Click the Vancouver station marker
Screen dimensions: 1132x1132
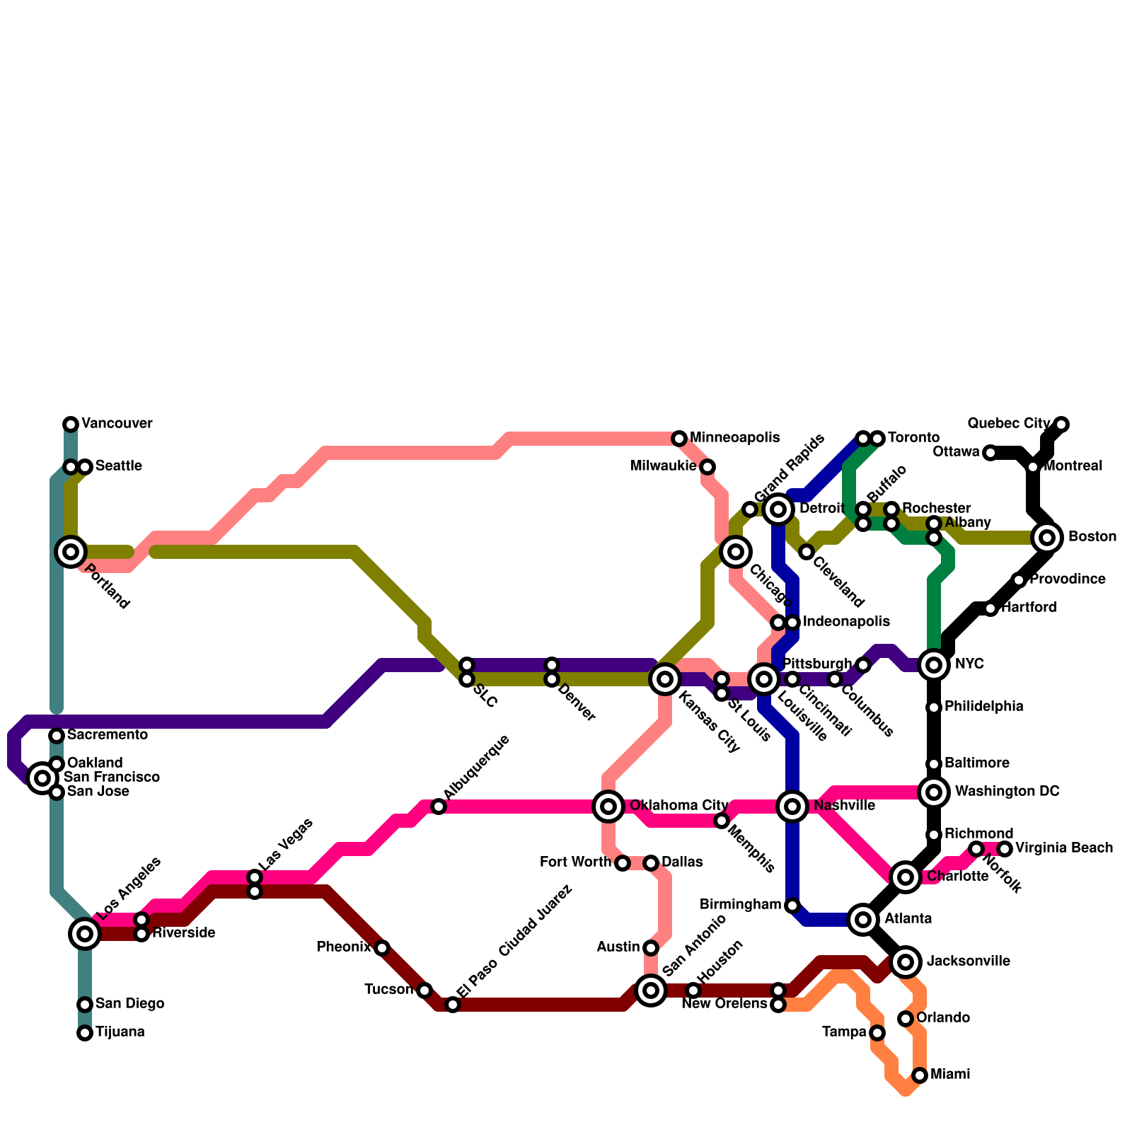coord(71,424)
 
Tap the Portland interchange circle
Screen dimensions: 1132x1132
coord(71,552)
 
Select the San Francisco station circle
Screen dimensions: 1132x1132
coord(42,778)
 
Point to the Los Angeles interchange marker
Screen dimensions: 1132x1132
coord(85,934)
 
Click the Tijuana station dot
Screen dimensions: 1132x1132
coord(85,1033)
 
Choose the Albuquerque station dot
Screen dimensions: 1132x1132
coord(439,807)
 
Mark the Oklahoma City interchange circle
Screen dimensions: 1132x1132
coord(608,807)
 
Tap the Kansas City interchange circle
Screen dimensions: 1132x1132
coord(665,679)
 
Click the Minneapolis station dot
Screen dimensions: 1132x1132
coord(679,439)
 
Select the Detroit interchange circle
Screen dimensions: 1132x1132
coord(778,509)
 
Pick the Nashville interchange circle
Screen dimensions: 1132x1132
coord(792,807)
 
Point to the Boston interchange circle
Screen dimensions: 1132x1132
coord(1047,538)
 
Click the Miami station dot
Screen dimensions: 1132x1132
coord(920,1075)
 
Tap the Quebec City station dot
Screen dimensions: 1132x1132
coord(1061,424)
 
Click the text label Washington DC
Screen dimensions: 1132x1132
coord(1007,792)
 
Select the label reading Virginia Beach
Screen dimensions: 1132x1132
coord(1064,848)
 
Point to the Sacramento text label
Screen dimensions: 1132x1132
coord(108,735)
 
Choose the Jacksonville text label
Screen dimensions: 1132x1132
coord(968,961)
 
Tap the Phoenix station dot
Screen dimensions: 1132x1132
coord(382,948)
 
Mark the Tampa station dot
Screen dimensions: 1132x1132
coord(877,1033)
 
